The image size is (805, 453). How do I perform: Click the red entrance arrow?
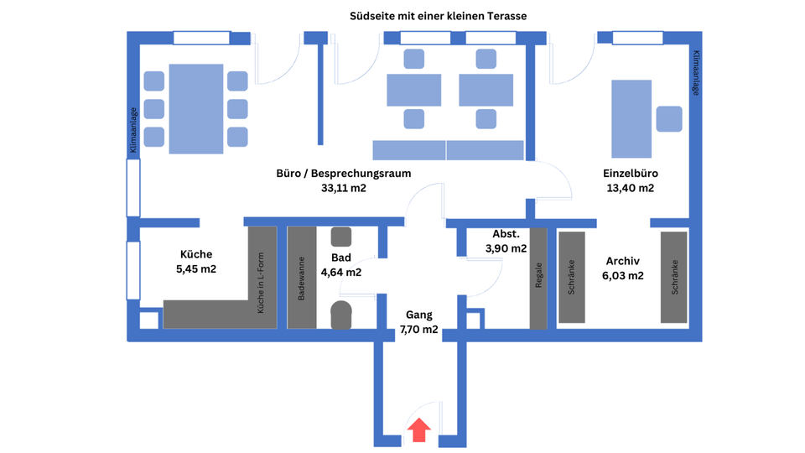(x=419, y=431)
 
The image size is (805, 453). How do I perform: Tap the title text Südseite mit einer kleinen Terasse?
(x=438, y=16)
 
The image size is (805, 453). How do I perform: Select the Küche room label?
(x=196, y=254)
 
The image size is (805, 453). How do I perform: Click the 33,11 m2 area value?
(x=343, y=189)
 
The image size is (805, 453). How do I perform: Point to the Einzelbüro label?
(x=630, y=174)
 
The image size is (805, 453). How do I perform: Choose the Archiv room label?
(x=623, y=261)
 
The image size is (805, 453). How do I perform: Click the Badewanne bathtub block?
(x=302, y=278)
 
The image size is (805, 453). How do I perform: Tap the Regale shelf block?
(x=538, y=278)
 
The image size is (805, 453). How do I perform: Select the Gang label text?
(x=419, y=315)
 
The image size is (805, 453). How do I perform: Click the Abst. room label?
(x=506, y=234)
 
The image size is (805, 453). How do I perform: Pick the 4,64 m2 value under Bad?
(x=341, y=272)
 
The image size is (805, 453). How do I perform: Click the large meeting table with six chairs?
(x=196, y=109)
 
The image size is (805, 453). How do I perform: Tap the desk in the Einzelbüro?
(x=631, y=118)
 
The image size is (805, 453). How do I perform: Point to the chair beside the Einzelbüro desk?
(x=669, y=118)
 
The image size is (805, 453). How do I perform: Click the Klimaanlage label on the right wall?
(x=696, y=74)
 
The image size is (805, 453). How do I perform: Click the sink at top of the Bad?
(x=341, y=237)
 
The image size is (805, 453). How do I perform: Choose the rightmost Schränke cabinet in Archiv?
(x=673, y=278)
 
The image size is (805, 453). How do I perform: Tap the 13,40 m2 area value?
(x=630, y=189)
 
